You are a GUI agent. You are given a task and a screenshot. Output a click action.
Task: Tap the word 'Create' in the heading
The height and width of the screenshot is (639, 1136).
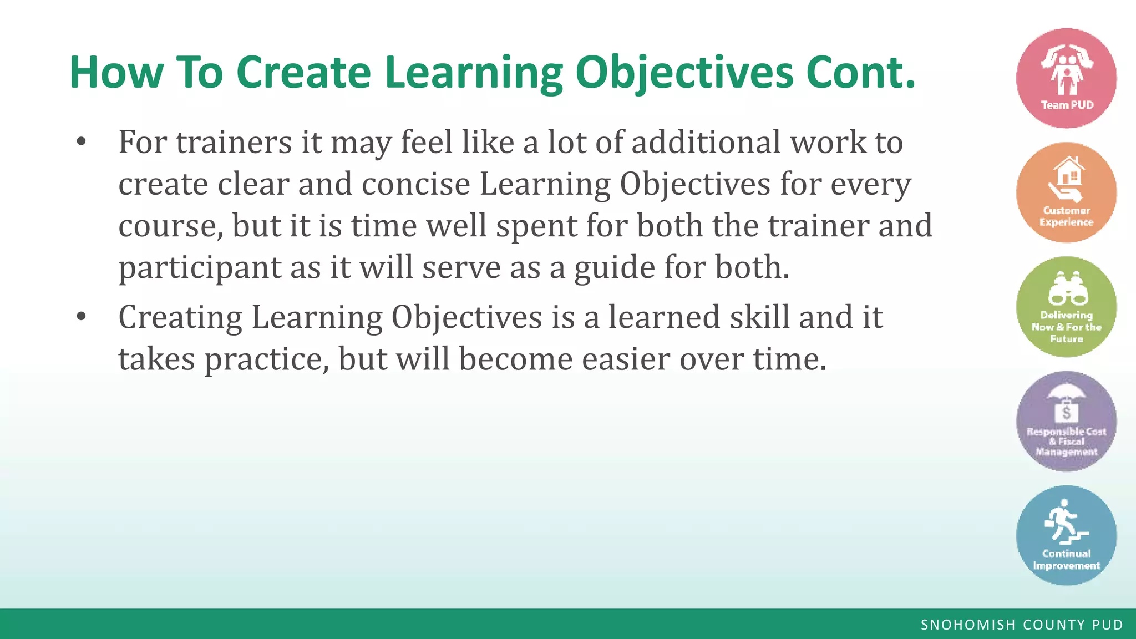pyautogui.click(x=303, y=72)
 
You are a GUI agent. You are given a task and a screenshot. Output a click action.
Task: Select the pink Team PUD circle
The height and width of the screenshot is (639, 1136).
pyautogui.click(x=1066, y=78)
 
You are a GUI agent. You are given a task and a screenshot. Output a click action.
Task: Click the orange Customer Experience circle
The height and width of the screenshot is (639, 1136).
pyautogui.click(x=1066, y=192)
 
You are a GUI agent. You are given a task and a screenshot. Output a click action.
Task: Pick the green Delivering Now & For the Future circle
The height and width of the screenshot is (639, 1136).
pyautogui.click(x=1066, y=307)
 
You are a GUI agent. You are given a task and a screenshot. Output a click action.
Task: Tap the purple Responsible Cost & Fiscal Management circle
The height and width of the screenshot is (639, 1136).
pyautogui.click(x=1066, y=421)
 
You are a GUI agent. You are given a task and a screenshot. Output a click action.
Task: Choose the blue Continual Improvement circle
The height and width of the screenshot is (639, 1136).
pyautogui.click(x=1066, y=535)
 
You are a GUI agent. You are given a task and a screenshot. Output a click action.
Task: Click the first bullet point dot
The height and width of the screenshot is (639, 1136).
pyautogui.click(x=82, y=142)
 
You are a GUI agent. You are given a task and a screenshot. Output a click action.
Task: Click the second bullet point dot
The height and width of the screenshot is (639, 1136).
pyautogui.click(x=82, y=317)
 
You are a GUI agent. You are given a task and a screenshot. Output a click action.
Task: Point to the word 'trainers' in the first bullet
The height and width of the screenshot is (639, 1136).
pyautogui.click(x=234, y=142)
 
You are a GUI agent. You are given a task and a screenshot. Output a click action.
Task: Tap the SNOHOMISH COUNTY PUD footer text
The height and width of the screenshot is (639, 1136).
pyautogui.click(x=1022, y=625)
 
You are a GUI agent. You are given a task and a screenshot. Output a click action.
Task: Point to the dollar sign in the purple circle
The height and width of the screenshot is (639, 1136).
pyautogui.click(x=1066, y=413)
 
